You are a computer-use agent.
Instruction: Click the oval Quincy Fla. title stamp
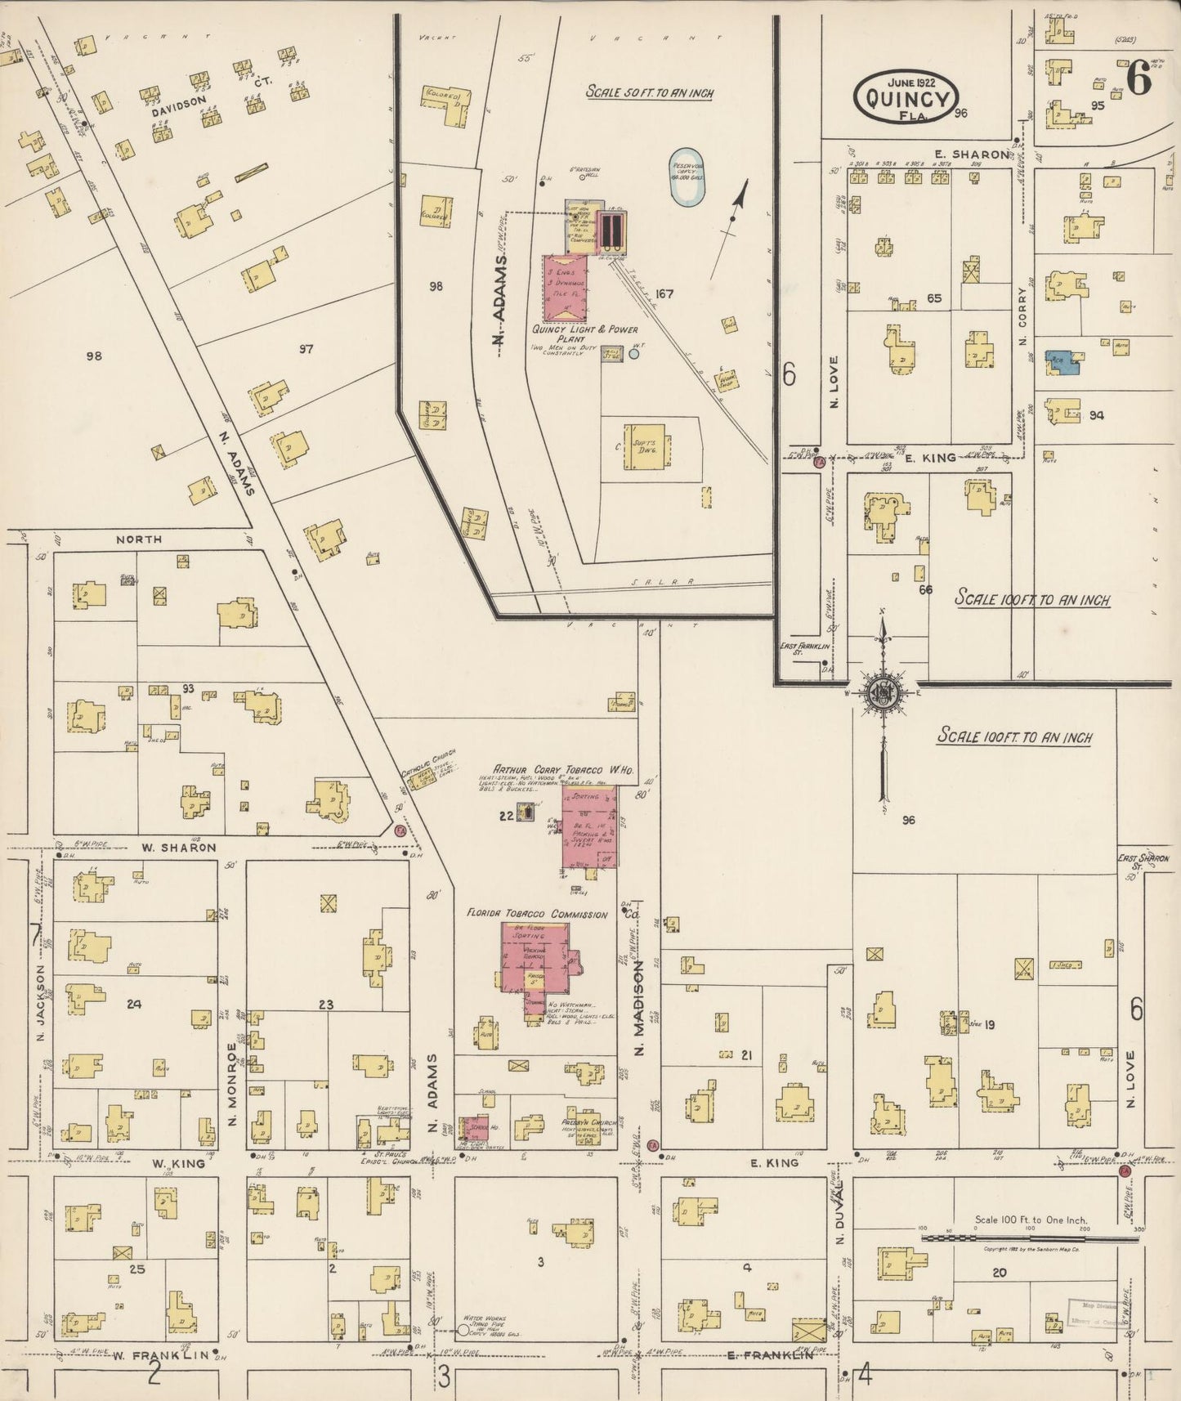[905, 97]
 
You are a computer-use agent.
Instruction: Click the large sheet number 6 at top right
[1138, 78]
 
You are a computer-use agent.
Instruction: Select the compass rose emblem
[884, 693]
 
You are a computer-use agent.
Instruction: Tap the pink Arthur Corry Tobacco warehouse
[589, 826]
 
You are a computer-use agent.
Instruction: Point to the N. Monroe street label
[232, 1082]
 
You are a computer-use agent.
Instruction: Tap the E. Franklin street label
[771, 1355]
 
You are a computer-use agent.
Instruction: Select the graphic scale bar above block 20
[1030, 1238]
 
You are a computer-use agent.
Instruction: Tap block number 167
[664, 293]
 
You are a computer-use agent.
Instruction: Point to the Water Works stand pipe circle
[463, 1330]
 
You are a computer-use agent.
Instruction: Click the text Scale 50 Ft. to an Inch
[649, 92]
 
